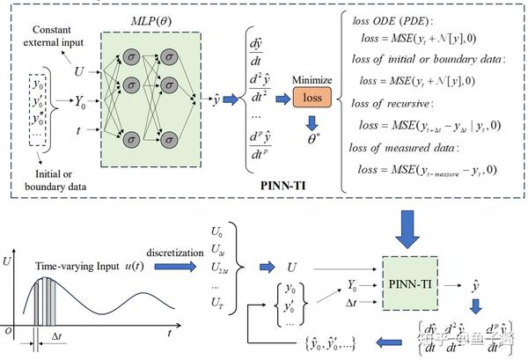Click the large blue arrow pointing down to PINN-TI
coord(410,230)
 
